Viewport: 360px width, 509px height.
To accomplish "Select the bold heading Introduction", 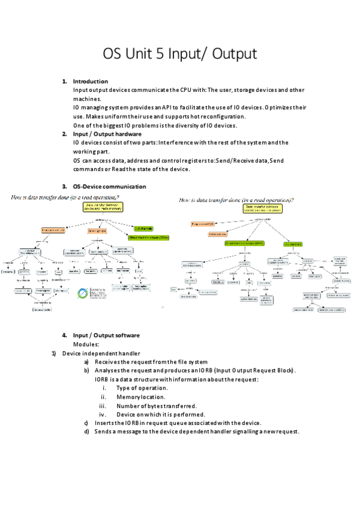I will [x=91, y=81].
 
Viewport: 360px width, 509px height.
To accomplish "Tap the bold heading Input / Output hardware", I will [x=107, y=134].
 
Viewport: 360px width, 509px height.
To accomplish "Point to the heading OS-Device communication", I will [x=109, y=187].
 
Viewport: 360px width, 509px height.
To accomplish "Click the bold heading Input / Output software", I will [x=106, y=335].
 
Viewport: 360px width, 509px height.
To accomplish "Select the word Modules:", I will [x=86, y=345].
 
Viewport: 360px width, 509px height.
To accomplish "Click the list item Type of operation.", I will [x=142, y=388].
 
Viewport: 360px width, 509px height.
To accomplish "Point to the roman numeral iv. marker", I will [x=103, y=415].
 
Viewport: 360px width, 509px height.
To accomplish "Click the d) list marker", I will [x=87, y=432].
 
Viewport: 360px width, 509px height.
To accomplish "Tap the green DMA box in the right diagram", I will [x=244, y=244].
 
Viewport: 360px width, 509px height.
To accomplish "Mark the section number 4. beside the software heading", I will [x=64, y=335].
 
